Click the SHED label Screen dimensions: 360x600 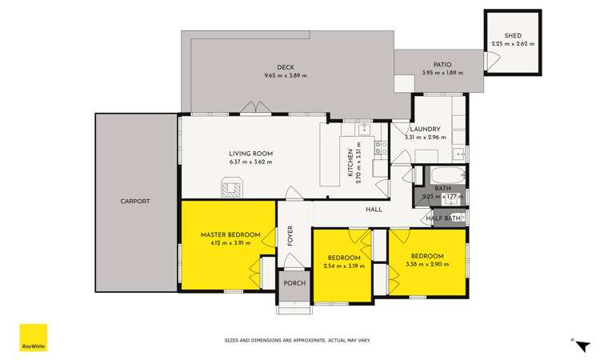point(512,36)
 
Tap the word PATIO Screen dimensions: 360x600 point(442,65)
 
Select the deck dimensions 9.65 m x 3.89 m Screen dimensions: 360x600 point(286,75)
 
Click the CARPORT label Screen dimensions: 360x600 point(135,201)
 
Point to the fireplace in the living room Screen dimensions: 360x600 point(231,188)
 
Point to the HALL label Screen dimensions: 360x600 point(374,210)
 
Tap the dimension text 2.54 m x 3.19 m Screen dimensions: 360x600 point(344,266)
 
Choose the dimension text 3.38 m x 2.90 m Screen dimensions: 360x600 point(425,264)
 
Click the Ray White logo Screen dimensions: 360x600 point(34,337)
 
